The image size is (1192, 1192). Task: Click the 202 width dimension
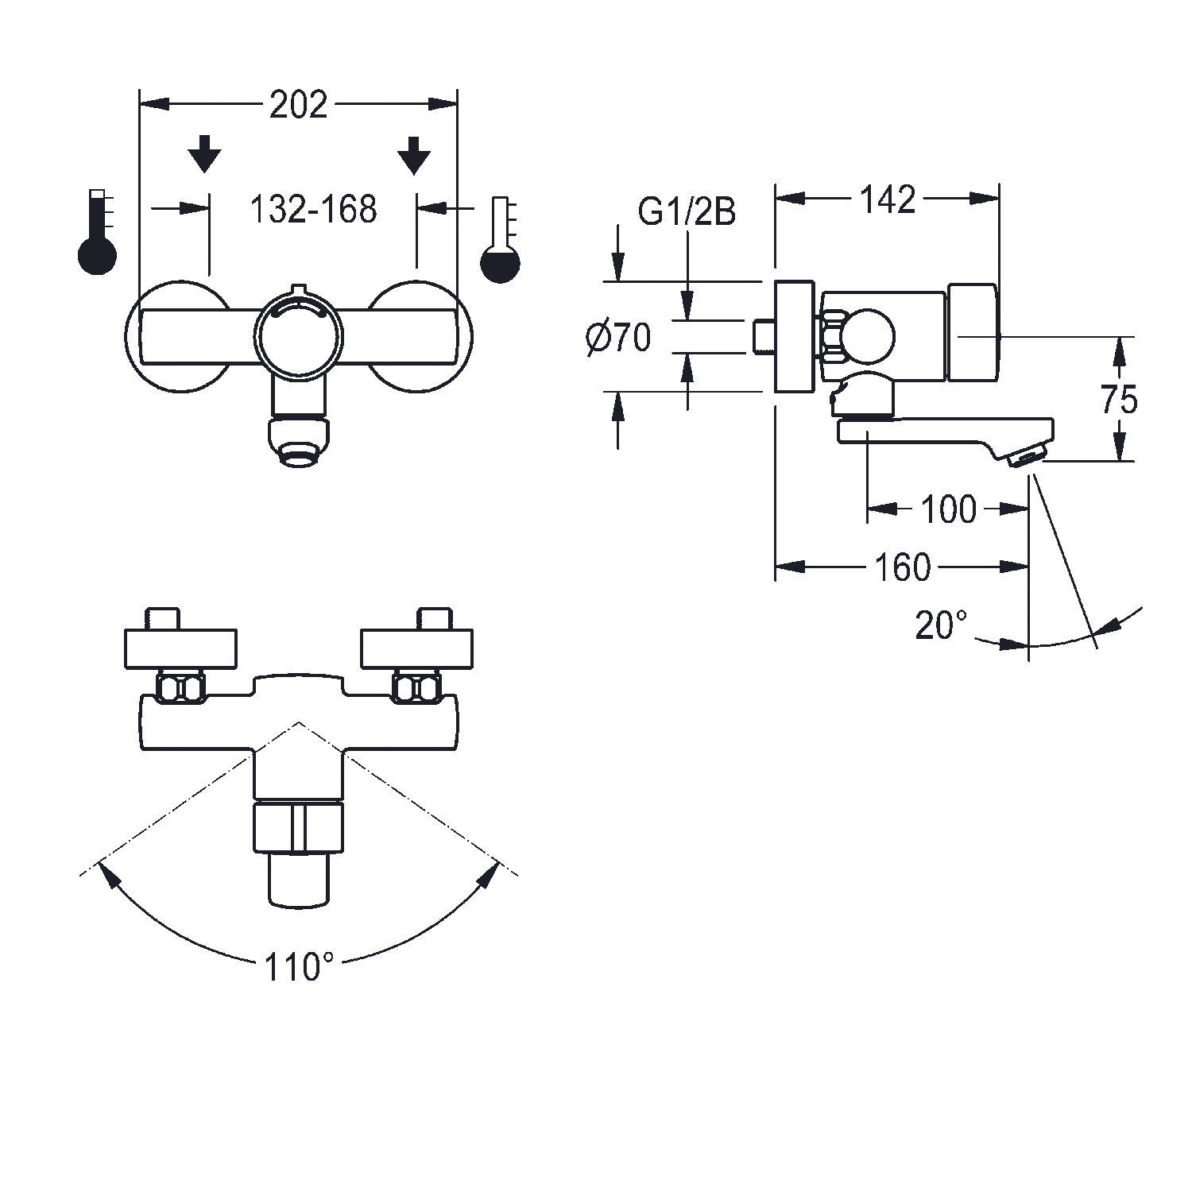[298, 105]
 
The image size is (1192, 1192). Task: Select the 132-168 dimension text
[313, 209]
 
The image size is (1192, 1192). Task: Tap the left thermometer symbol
[97, 234]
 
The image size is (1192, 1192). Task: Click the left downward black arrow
[206, 153]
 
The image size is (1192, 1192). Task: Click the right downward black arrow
[413, 153]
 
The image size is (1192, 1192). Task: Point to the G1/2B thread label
[687, 212]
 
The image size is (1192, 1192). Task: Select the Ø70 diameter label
[618, 339]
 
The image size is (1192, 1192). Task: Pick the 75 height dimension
[1120, 400]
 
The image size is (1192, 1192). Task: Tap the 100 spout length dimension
[948, 509]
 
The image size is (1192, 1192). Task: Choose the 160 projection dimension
[902, 567]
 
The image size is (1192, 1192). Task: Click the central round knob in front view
[299, 334]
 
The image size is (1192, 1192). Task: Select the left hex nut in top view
[182, 687]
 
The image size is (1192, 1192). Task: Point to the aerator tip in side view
[1025, 457]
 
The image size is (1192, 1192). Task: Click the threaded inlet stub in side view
[764, 336]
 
